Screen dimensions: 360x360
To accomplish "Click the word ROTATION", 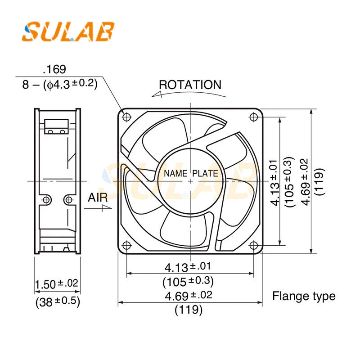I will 190,85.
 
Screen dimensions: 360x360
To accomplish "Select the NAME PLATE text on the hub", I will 191,173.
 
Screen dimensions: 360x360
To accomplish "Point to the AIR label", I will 98,197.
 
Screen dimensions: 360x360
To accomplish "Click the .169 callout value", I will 54,69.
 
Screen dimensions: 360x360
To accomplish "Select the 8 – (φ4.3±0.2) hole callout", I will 60,84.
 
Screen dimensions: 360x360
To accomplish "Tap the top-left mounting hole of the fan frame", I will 126,117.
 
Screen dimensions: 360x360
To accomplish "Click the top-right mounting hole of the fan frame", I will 253,117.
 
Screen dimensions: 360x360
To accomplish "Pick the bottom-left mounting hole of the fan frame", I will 126,245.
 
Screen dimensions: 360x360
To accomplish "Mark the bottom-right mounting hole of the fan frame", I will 253,245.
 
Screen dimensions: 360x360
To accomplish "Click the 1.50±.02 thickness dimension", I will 57,284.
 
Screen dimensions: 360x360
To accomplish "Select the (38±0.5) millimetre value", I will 58,302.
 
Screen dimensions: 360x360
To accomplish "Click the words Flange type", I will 304,296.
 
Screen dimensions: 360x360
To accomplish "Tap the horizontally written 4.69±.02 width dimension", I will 188,296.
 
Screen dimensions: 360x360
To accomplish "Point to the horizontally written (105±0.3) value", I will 188,282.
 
